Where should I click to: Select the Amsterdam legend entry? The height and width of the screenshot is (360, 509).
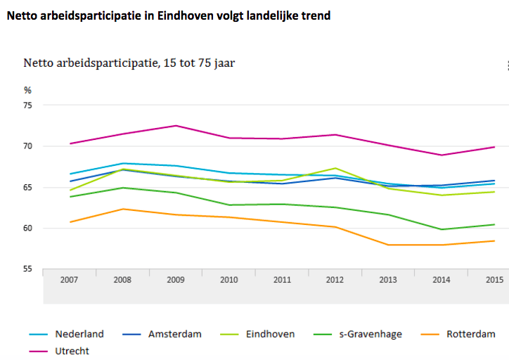[x=175, y=334]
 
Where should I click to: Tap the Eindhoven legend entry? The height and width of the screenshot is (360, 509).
[x=271, y=334]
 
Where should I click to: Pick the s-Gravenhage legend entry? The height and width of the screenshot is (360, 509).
[x=376, y=334]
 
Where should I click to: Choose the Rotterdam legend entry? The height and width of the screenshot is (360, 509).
[x=470, y=334]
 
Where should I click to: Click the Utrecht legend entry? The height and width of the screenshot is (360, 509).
[x=72, y=350]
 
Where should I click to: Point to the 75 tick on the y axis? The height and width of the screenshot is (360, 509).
[x=28, y=105]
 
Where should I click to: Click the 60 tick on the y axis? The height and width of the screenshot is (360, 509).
[x=28, y=228]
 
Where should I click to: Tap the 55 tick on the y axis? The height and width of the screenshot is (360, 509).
[x=28, y=269]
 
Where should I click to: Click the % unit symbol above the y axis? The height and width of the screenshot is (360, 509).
[x=27, y=90]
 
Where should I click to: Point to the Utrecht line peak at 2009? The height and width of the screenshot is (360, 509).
[x=176, y=126]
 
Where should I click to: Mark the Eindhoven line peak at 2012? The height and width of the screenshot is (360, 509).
[x=335, y=168]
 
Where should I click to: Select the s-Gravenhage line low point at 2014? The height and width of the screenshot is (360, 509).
[x=440, y=229]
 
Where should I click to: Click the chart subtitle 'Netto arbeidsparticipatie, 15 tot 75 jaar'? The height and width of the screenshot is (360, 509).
[x=129, y=63]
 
